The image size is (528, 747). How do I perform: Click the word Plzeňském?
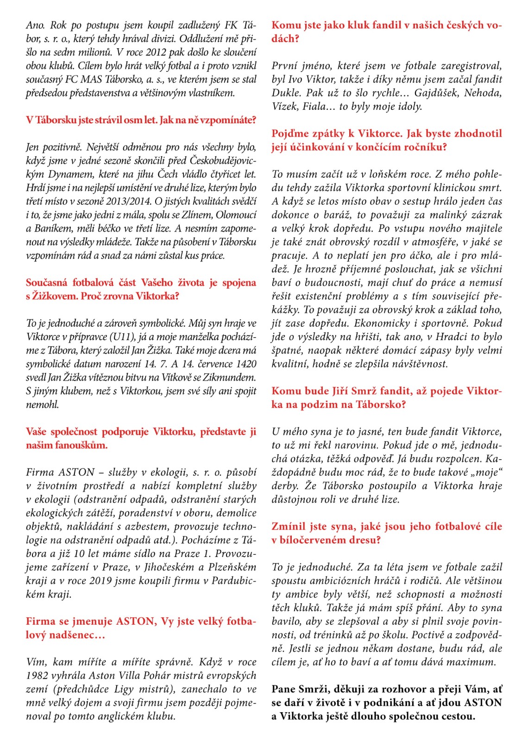click(232, 567)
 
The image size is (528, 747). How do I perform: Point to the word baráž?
click(335, 215)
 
